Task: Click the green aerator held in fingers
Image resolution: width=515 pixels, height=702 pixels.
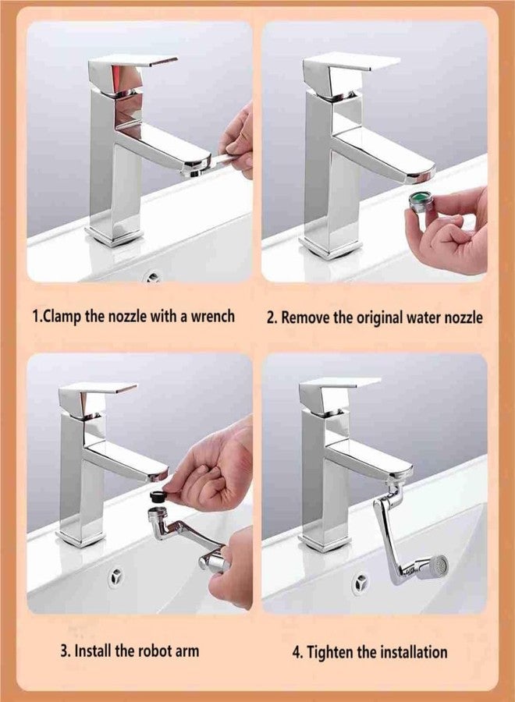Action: tap(419, 207)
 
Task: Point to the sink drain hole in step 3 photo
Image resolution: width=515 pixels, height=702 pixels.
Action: tap(116, 576)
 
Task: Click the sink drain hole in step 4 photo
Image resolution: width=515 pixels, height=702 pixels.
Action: tap(360, 583)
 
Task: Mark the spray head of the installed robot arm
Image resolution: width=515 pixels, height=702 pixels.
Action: tap(434, 565)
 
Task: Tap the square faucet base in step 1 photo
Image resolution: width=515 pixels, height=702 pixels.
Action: tap(115, 234)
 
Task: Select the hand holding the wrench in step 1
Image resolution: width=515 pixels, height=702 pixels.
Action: tap(239, 140)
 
